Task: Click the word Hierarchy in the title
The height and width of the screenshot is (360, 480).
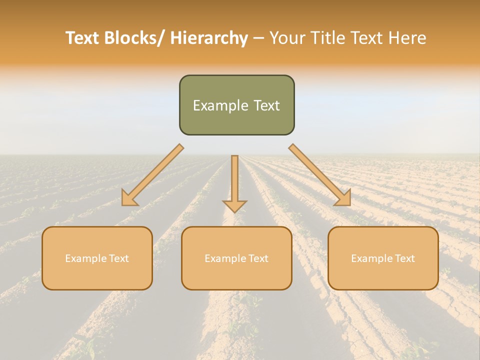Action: click(209, 38)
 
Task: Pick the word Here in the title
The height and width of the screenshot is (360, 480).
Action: click(408, 38)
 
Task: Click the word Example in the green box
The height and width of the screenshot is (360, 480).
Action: click(220, 105)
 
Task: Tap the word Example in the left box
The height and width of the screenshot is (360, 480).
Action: click(85, 258)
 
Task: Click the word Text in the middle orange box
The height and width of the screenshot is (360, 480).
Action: click(257, 258)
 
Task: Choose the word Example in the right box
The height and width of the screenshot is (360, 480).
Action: click(371, 258)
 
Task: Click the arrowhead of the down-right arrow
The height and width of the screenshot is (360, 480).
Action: click(344, 198)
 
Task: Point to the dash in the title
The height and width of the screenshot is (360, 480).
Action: click(258, 38)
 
